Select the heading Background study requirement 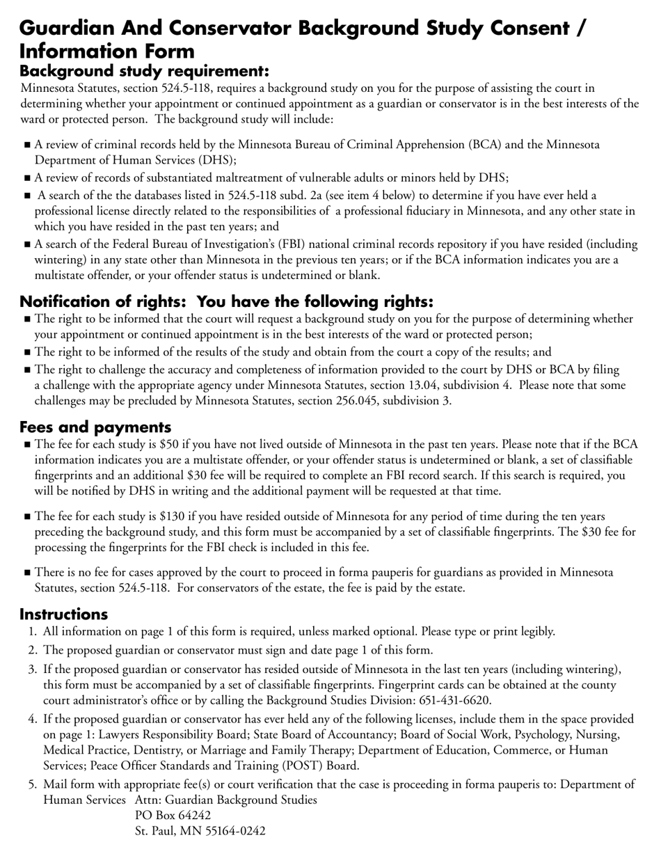click(144, 71)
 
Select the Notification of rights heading click(227, 301)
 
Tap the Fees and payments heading click(95, 427)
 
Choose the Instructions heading click(63, 614)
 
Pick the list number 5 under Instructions click(32, 784)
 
